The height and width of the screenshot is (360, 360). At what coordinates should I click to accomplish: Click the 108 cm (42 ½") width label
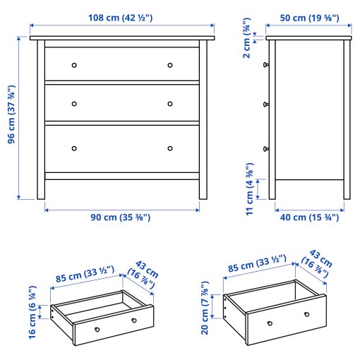click(x=122, y=17)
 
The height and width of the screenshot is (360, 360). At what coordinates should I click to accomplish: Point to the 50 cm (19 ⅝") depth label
click(x=308, y=17)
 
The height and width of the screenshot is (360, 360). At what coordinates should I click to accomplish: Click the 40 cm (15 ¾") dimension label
click(x=308, y=217)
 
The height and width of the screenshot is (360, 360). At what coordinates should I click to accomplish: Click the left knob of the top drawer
click(x=74, y=66)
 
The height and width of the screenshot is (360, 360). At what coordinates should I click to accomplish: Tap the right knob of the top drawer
click(x=170, y=66)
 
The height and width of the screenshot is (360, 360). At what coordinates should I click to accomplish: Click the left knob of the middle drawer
click(x=74, y=104)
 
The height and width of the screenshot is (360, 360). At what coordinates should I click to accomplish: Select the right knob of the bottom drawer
click(x=170, y=148)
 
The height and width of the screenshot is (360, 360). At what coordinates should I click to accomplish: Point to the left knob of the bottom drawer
click(x=74, y=148)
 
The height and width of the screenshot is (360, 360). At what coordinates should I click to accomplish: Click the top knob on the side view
click(x=266, y=66)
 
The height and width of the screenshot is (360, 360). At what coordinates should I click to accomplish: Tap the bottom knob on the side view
click(x=266, y=148)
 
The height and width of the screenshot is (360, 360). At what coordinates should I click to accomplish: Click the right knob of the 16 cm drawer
click(x=133, y=321)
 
